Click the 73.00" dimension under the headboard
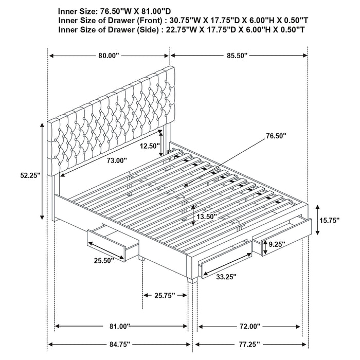pos(117,160)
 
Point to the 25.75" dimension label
pos(164,295)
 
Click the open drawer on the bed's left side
pos(113,242)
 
